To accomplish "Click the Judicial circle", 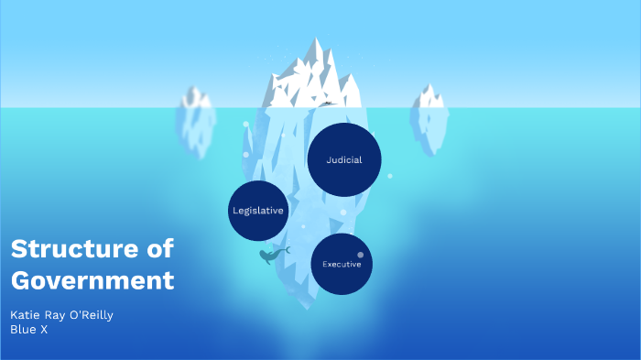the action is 344,159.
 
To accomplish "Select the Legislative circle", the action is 258,211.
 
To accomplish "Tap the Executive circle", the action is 342,264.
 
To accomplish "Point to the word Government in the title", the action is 92,279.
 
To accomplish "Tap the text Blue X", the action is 28,330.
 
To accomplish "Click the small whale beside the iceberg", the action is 269,256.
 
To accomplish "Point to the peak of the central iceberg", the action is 318,40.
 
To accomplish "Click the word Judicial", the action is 344,159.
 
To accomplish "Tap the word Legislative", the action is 258,211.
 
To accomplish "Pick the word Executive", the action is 342,264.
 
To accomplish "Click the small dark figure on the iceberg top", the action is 327,104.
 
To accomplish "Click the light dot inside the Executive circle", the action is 360,254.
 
